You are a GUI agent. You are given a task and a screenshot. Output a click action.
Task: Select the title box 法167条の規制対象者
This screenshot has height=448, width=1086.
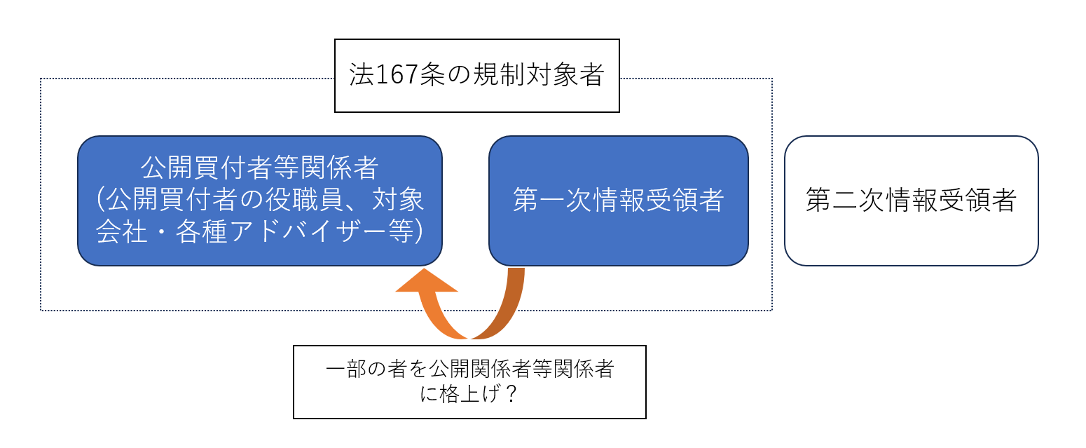click(476, 76)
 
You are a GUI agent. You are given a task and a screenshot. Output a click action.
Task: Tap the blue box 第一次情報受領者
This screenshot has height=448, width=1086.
click(618, 201)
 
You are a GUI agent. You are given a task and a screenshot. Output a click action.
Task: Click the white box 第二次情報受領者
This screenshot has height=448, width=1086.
click(911, 201)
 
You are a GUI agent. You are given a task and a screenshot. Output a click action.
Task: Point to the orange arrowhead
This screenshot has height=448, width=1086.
click(426, 282)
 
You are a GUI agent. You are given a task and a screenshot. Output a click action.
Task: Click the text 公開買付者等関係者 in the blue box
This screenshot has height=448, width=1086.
click(260, 168)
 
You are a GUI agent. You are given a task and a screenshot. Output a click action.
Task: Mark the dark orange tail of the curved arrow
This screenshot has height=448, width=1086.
click(508, 301)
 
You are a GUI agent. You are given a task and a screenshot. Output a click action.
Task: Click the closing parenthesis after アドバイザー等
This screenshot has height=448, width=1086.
click(418, 233)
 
